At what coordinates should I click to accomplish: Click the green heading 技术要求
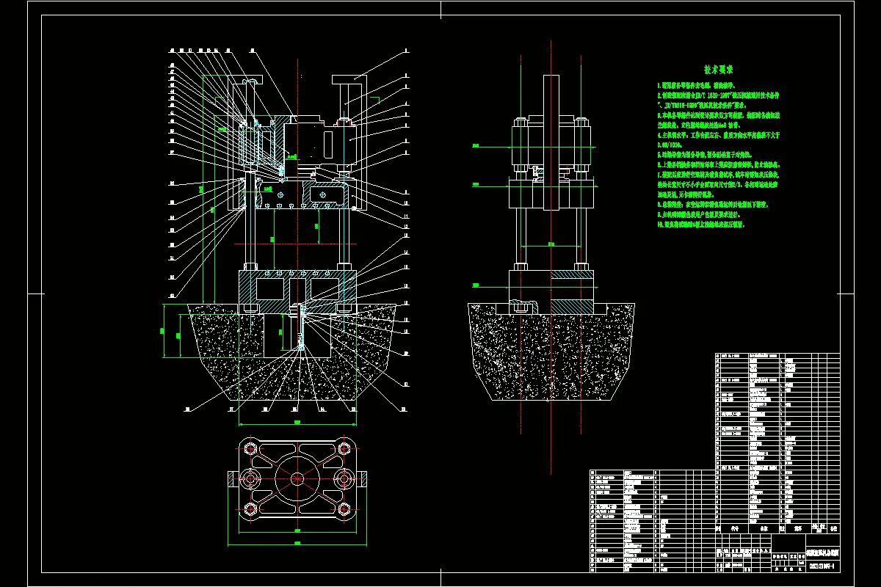[x=719, y=70]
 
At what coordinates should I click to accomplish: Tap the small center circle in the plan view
[x=297, y=478]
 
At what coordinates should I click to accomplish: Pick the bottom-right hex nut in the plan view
[x=344, y=508]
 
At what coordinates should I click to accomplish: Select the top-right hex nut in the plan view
[x=344, y=448]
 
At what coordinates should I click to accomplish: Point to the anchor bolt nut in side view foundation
[x=523, y=307]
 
